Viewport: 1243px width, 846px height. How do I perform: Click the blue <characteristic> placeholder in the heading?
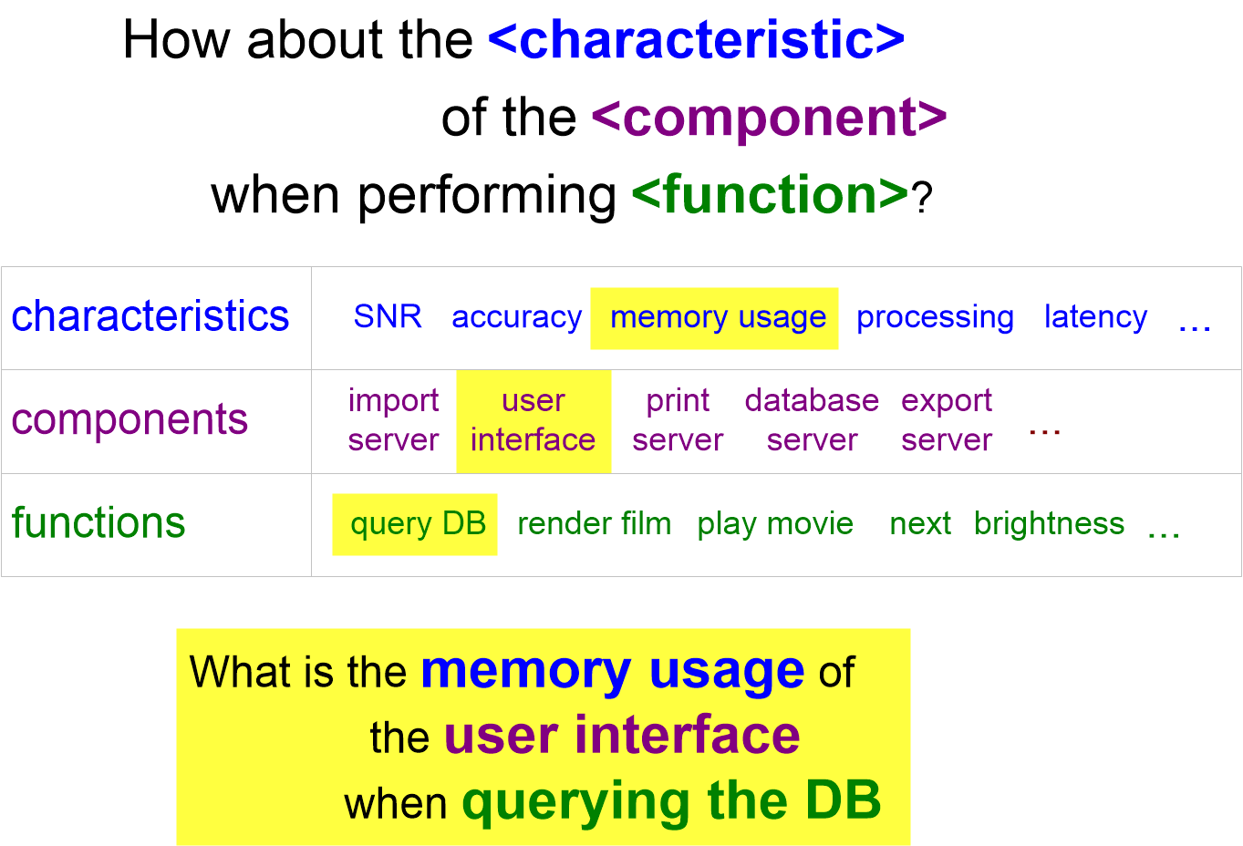pos(696,39)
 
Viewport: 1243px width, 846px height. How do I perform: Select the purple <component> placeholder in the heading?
pos(769,118)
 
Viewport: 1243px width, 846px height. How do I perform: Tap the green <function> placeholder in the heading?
pos(770,195)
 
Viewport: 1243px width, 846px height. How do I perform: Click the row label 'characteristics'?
pos(150,316)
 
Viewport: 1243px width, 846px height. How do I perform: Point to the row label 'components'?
pos(129,419)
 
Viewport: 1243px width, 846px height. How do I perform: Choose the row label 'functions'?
pos(98,523)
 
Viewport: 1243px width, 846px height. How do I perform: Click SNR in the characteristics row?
pos(388,316)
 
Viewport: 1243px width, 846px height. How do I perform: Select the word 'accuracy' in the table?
pos(516,317)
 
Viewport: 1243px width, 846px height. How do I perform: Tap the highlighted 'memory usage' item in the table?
pos(718,317)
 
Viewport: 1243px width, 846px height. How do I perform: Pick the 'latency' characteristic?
pos(1095,317)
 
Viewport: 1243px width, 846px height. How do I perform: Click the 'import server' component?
pos(393,420)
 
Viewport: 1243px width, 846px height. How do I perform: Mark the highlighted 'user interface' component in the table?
pos(533,420)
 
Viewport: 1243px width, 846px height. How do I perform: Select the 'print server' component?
pos(678,420)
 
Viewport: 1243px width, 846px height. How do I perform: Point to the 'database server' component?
pos(812,420)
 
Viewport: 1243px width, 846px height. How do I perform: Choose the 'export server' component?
pos(947,420)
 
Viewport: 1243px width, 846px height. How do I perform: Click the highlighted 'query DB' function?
pos(418,524)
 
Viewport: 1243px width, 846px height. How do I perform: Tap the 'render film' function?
pos(594,524)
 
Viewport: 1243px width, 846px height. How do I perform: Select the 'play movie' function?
pos(775,524)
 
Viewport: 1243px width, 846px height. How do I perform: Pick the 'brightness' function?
pos(1049,524)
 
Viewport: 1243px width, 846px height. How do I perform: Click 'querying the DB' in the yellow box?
pos(671,801)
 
